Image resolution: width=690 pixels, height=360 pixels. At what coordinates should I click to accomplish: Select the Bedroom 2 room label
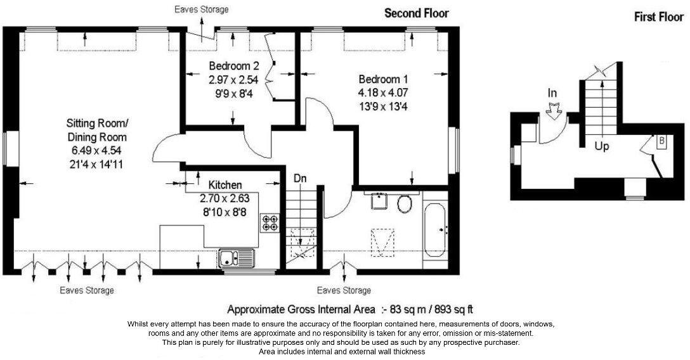point(234,66)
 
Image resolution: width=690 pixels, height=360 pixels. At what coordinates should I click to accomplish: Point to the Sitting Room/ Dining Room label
point(97,130)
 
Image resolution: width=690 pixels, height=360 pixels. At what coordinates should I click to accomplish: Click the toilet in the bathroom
point(404,203)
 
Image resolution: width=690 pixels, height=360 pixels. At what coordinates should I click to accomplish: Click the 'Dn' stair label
point(300,179)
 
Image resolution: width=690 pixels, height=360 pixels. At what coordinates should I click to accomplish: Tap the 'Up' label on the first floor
point(602,146)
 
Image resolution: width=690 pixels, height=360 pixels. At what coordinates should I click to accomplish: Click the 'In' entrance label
point(552,93)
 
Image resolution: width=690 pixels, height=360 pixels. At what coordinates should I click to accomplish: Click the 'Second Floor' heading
point(416,13)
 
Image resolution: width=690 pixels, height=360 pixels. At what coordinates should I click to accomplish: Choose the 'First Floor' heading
point(658,17)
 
